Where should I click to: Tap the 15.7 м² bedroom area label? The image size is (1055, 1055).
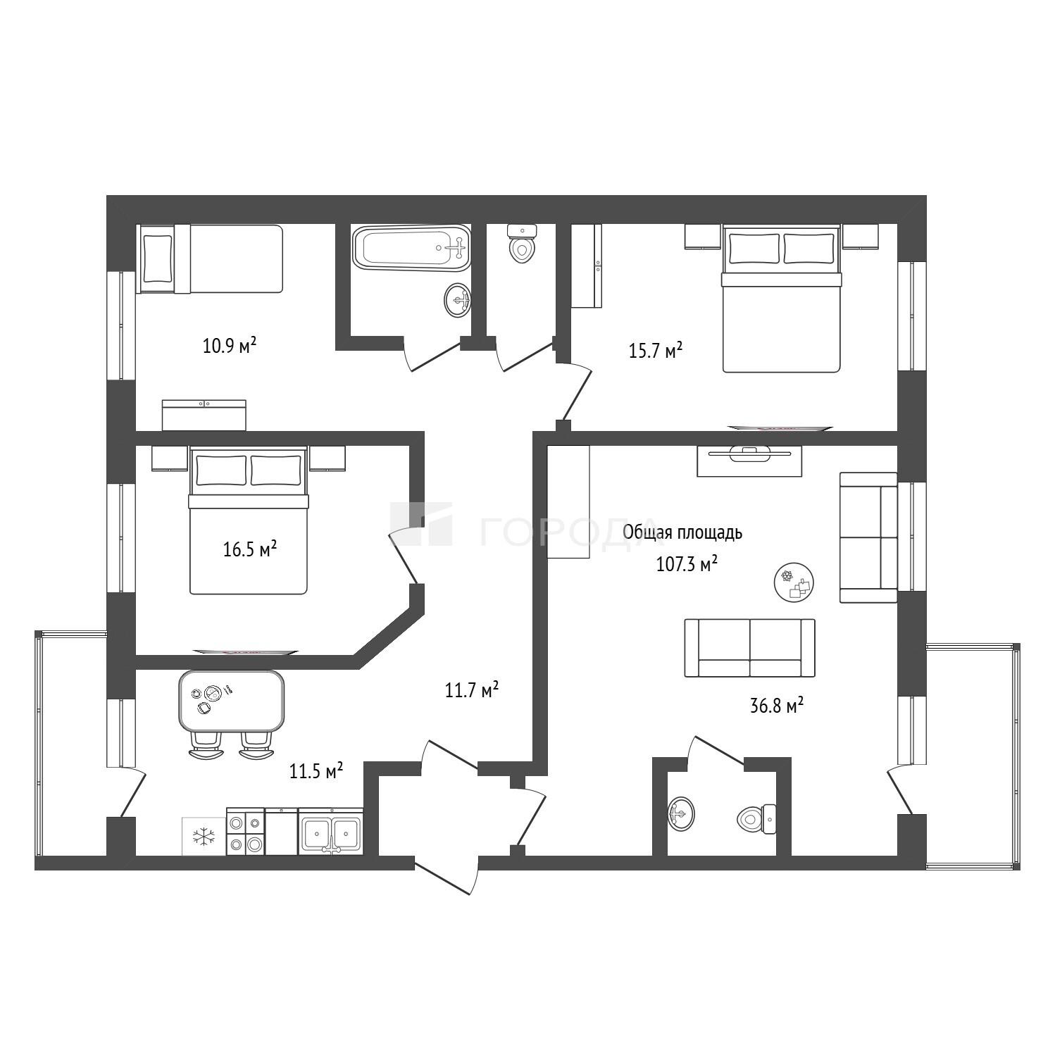click(655, 350)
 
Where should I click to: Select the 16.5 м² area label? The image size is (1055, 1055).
click(249, 549)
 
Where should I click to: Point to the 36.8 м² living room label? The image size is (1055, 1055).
click(777, 705)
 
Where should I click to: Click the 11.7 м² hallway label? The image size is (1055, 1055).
click(471, 689)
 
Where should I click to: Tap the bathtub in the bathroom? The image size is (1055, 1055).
click(411, 247)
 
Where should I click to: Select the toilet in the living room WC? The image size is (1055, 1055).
click(756, 818)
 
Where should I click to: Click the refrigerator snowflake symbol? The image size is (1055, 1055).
click(204, 837)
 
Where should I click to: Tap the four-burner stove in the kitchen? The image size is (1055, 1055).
click(246, 832)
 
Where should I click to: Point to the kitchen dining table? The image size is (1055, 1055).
click(232, 701)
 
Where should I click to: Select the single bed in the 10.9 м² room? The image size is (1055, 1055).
click(211, 259)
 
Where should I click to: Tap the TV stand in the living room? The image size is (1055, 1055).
click(750, 461)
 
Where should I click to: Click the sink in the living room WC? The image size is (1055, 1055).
click(680, 814)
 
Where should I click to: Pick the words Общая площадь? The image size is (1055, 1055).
click(682, 532)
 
